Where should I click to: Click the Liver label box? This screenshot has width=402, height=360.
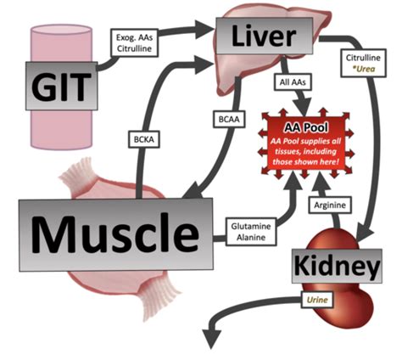point(265,36)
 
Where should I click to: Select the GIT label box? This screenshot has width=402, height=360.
point(62,86)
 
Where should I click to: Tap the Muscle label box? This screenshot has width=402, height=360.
point(116,234)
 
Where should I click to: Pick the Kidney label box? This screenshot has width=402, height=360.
point(337,266)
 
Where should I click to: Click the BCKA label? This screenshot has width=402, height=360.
point(144,139)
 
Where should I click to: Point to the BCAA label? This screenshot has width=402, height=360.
point(229,119)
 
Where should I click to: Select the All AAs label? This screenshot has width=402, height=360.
point(293,82)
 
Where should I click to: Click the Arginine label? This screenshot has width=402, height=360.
point(330,205)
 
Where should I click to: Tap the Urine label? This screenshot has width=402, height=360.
point(317,300)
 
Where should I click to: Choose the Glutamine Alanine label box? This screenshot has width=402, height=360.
point(251,232)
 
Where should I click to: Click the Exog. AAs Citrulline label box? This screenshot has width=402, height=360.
point(134,42)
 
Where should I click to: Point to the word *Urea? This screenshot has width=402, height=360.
point(364,69)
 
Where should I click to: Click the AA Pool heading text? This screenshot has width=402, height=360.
point(306,127)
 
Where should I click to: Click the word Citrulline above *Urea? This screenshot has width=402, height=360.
point(363,58)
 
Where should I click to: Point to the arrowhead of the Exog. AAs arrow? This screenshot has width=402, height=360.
point(204,29)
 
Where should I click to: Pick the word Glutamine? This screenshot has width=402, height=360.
point(251,226)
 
